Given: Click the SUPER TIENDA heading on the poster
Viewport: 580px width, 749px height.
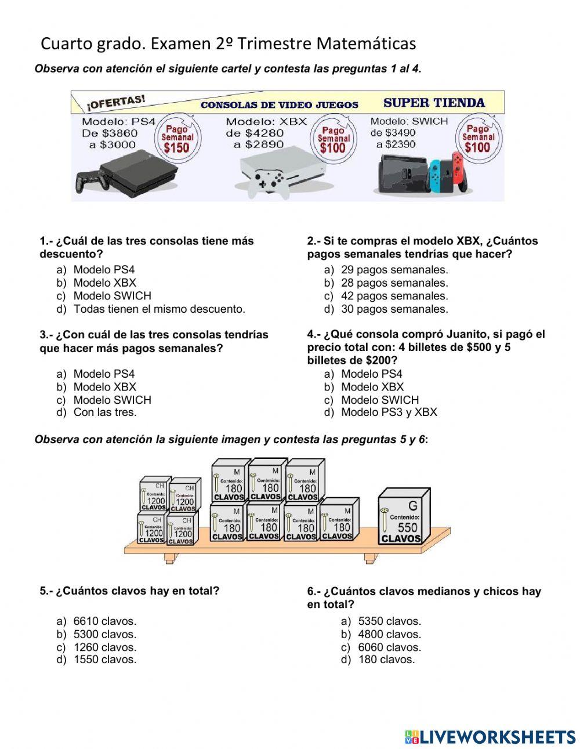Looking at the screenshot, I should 434,103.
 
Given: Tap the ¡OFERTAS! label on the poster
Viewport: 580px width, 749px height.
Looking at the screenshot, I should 116,103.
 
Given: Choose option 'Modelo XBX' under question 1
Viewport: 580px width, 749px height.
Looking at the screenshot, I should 104,283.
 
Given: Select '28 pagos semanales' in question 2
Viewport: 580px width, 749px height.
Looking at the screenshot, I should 394,283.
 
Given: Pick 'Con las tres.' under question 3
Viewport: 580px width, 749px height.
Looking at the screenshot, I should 104,413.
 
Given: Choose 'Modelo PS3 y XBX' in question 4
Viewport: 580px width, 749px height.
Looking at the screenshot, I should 389,413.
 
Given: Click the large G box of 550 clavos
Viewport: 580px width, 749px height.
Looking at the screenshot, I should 405,517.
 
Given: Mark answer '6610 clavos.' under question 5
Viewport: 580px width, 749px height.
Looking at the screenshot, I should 104,621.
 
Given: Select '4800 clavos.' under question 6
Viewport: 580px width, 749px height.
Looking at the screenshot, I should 389,635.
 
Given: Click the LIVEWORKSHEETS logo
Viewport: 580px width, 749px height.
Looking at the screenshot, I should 490,737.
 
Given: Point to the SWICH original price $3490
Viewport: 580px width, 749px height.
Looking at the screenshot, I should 400,133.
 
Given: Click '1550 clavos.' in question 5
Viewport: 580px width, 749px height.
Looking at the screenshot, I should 104,660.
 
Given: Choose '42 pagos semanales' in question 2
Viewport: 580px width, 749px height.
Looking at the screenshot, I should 394,296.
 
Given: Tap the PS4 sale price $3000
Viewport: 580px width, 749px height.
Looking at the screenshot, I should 119,144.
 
